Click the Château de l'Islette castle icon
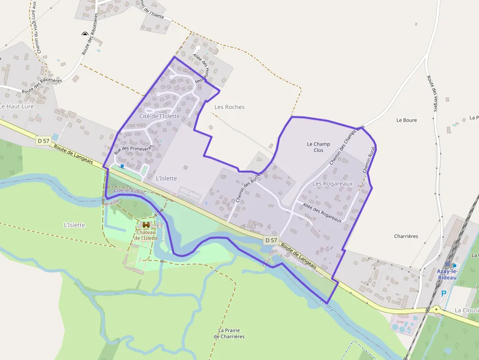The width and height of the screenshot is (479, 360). click(146, 225)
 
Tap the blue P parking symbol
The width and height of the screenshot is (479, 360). click(444, 294)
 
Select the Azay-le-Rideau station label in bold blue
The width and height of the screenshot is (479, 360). click(447, 274)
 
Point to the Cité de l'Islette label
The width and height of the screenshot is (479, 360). click(159, 116)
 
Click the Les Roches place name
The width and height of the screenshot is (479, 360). click(229, 107)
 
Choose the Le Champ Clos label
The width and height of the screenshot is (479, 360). click(318, 147)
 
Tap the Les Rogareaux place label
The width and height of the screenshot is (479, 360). click(332, 183)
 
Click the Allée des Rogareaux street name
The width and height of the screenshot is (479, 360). click(322, 213)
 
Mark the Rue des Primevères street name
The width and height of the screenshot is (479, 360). click(133, 150)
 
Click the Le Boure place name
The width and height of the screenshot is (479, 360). click(406, 120)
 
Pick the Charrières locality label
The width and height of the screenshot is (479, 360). click(406, 236)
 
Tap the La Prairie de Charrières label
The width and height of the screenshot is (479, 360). click(229, 333)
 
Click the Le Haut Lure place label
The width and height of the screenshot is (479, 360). click(16, 106)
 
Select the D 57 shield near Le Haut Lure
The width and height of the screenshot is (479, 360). click(43, 141)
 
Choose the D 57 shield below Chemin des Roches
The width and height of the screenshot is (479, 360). click(271, 240)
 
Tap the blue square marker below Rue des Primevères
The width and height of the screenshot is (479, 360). click(122, 166)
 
